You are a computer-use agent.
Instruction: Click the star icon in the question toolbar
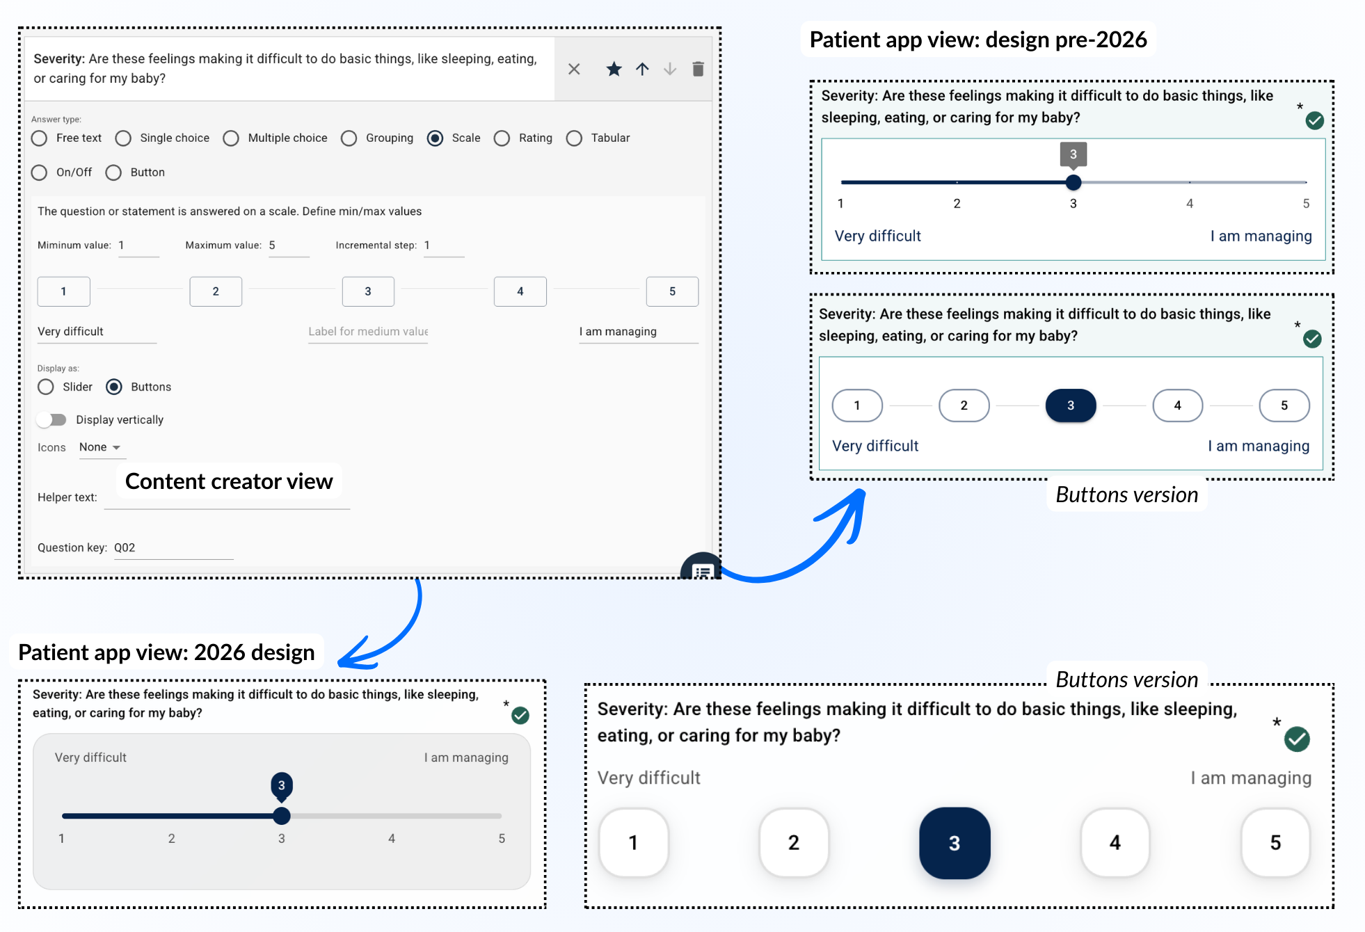pos(614,69)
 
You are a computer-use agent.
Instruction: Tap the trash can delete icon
pos(698,69)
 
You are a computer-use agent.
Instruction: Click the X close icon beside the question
pos(574,69)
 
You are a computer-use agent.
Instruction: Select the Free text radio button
pos(40,138)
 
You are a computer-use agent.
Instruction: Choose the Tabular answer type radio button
pos(574,138)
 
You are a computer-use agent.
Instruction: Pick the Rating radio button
pos(502,138)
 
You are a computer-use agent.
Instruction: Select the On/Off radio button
pos(40,172)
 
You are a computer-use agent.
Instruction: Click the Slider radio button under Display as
pos(46,387)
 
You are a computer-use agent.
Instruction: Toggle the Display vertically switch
pos(51,419)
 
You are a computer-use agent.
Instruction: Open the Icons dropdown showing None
pos(100,447)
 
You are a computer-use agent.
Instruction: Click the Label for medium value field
pos(368,332)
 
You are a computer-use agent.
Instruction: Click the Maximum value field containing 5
pos(288,246)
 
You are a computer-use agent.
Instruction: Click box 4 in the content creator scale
pos(520,291)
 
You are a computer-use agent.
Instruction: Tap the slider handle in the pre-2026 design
pos(1073,182)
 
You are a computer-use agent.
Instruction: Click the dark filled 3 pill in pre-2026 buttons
pos(1071,405)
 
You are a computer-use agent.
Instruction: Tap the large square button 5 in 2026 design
pos(1275,842)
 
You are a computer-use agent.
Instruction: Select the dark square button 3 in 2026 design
pos(955,843)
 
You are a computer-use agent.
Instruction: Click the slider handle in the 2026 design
pos(282,815)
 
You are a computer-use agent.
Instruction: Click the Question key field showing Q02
pos(173,548)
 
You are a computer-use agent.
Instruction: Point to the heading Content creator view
pos(229,481)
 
